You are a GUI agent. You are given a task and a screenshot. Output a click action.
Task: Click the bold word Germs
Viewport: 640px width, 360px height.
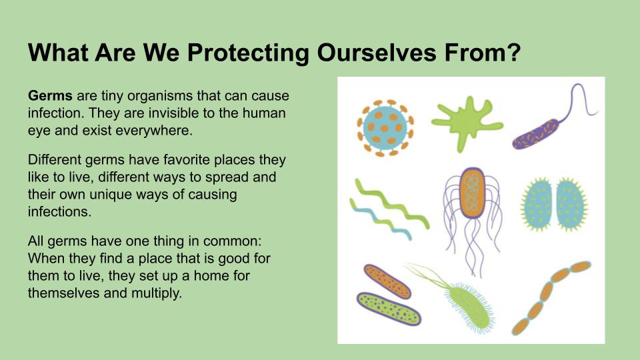50,96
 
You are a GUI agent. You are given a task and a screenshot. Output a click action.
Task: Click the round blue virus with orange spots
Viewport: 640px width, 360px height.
385,128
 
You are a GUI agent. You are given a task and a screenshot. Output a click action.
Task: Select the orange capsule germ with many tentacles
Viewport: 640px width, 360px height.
472,193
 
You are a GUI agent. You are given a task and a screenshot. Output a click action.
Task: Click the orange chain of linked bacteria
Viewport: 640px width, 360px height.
551,298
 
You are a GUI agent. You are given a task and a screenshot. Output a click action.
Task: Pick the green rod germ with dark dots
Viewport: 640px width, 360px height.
389,309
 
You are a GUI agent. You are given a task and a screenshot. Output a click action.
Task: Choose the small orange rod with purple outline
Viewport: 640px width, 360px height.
387,281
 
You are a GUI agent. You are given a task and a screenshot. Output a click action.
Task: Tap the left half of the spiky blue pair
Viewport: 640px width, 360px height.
537,204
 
